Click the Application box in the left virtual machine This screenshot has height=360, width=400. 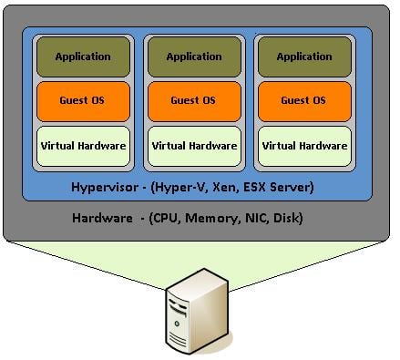tap(83, 57)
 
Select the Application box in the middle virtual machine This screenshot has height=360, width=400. tap(194, 57)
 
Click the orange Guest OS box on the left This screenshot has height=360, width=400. tap(83, 100)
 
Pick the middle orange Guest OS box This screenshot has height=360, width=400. tap(194, 100)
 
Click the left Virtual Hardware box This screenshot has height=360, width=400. tap(83, 145)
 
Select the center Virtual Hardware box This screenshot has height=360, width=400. tap(194, 145)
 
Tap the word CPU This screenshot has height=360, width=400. tap(165, 219)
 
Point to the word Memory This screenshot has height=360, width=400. tap(208, 219)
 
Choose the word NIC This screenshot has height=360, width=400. tap(251, 219)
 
